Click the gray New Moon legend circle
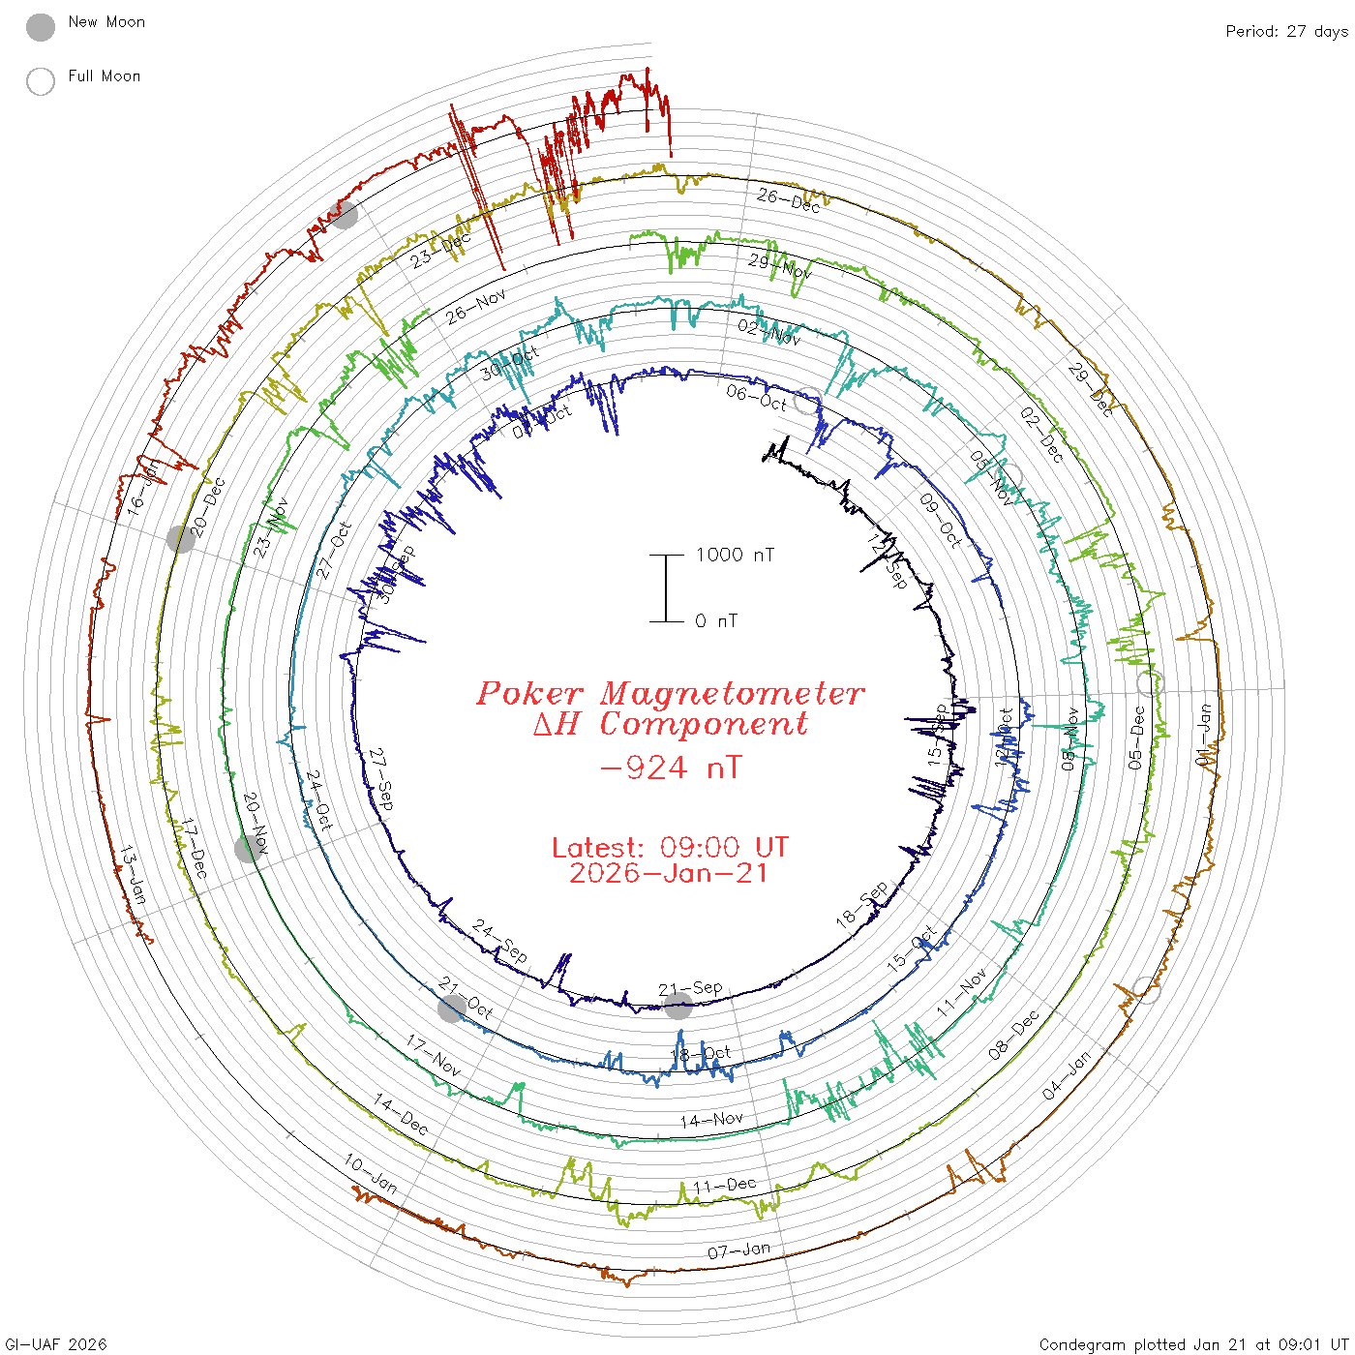pos(41,27)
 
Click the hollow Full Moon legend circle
pos(41,81)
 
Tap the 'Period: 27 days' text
pos(1286,31)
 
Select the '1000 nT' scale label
pos(735,555)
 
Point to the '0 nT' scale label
pos(716,620)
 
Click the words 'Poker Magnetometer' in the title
pos(670,693)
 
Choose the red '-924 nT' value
pos(671,768)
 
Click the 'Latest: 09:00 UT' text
pos(670,847)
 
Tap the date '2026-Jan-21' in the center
pos(669,873)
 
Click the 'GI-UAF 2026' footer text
pos(56,1343)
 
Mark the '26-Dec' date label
pos(788,199)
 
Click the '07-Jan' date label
pos(738,1250)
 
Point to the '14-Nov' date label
pos(711,1120)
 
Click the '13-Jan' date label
pos(133,875)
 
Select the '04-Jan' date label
pos(1066,1075)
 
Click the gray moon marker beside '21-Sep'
pos(677,1006)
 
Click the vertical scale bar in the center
pos(666,588)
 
